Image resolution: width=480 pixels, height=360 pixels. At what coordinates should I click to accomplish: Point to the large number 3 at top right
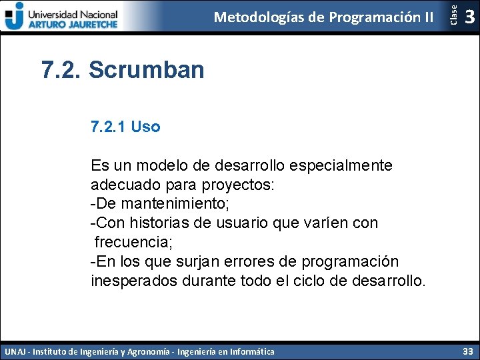(x=470, y=17)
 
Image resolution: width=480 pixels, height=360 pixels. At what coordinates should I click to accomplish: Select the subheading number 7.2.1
(x=109, y=126)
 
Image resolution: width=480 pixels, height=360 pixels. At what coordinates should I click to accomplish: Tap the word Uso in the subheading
(x=146, y=126)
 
